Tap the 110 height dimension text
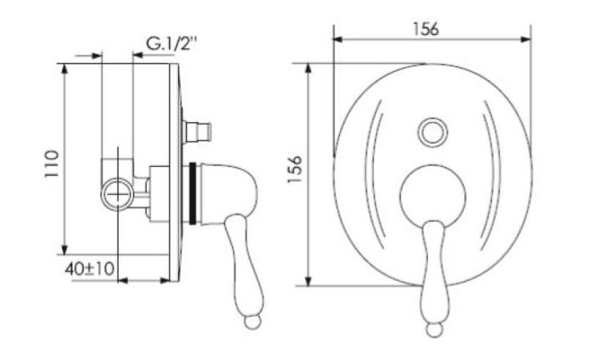(x=52, y=164)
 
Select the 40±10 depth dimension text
(x=89, y=270)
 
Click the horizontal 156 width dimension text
(x=426, y=29)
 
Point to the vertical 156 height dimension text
(x=295, y=169)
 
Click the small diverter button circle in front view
(x=433, y=133)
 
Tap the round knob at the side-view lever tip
(x=252, y=322)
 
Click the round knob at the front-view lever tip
(x=434, y=330)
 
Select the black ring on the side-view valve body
(x=192, y=193)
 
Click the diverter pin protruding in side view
(x=196, y=132)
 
